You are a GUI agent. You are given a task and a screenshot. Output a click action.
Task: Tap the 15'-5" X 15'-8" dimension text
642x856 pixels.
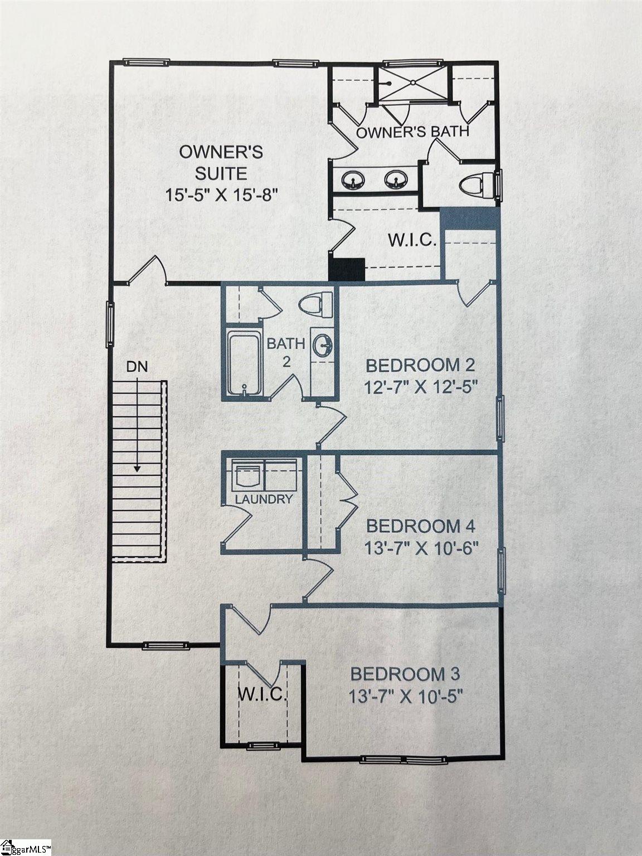[x=221, y=196]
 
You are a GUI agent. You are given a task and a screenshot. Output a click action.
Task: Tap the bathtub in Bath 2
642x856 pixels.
[x=244, y=364]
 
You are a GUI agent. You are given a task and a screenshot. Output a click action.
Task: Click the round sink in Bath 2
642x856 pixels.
[x=322, y=345]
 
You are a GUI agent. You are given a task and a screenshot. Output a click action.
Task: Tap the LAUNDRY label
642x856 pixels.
[x=264, y=499]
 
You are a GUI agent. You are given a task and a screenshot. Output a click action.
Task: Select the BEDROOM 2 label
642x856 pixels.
[x=420, y=366]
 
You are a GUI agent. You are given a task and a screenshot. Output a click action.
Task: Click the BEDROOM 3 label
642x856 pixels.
[x=405, y=674]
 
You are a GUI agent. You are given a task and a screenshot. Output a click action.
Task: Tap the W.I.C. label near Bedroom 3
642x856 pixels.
[x=262, y=694]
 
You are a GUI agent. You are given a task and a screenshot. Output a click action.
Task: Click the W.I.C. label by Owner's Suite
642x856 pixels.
[x=411, y=241]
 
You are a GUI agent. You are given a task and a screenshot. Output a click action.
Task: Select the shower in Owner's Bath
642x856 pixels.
[x=413, y=82]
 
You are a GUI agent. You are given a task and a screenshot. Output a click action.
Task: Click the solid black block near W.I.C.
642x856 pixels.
[x=347, y=269]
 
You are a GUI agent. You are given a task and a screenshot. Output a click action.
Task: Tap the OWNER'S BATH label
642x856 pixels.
[x=412, y=132]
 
